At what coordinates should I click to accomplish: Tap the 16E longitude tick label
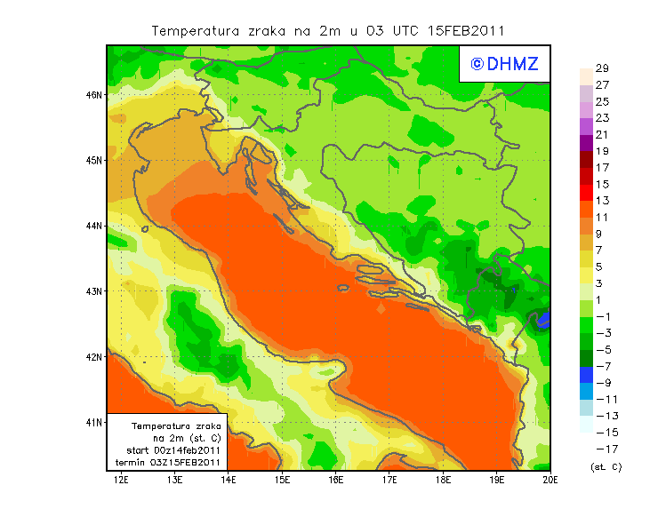point(336,481)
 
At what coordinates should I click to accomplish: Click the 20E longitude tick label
point(550,481)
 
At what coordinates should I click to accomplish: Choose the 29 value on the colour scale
point(602,68)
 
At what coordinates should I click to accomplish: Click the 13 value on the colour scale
point(602,201)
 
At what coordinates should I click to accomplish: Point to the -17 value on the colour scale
point(600,449)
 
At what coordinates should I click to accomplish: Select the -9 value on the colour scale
point(600,383)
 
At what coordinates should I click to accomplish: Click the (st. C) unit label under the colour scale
point(606,466)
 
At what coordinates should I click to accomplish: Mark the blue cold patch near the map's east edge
point(544,318)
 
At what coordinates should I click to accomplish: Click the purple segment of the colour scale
point(585,142)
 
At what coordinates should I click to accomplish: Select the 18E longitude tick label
point(444,481)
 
